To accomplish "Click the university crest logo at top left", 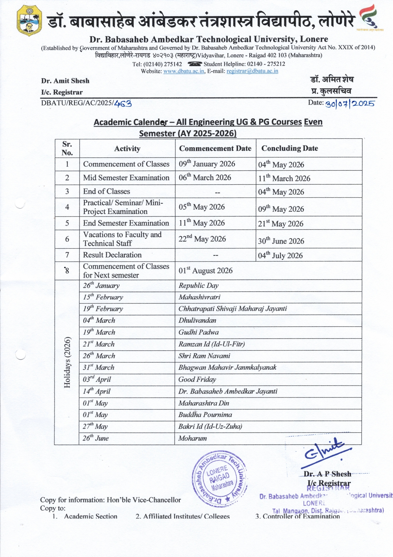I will coord(29,20).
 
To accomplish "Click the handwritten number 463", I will coord(123,104).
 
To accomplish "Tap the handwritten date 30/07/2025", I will coord(350,104).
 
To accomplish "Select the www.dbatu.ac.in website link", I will coord(184,71).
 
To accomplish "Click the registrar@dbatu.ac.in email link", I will coord(252,71).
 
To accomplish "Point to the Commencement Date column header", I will coord(215,148).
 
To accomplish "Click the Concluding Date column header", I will coord(289,148).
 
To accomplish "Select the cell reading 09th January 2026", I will coord(207,164).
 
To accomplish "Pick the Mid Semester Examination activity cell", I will coord(126,178).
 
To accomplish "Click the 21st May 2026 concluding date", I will coord(280,224).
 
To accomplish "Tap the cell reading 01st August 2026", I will coord(205,271).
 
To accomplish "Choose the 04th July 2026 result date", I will coord(280,255).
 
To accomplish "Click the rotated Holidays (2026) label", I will coord(67,362).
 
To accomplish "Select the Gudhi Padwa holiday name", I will coord(198,332).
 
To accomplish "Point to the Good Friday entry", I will coord(197,380).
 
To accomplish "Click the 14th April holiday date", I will coord(97,391).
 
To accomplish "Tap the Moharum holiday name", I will coord(193,438).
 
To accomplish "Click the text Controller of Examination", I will coord(301,516).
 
